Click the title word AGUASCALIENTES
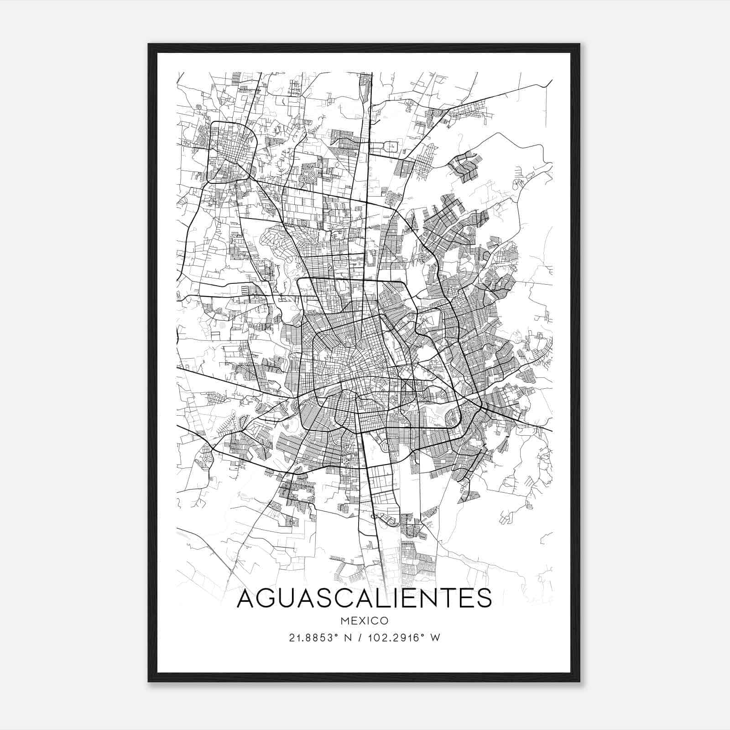point(364,599)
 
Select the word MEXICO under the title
point(364,621)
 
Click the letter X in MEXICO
point(362,621)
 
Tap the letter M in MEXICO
point(345,621)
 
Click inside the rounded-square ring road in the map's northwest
point(232,153)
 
